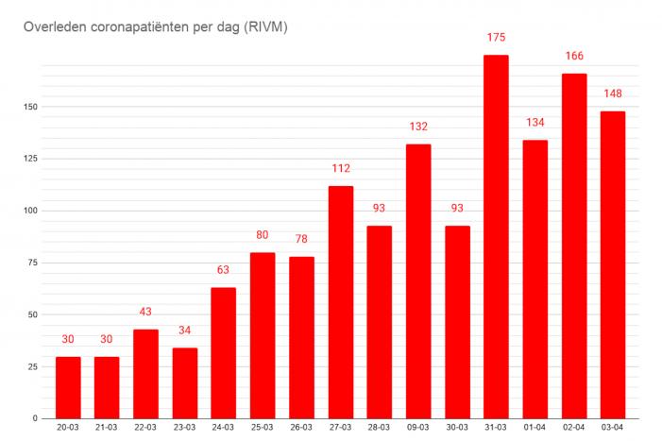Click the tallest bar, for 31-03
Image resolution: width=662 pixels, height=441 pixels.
[496, 236]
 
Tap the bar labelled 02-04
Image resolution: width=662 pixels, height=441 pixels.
[574, 246]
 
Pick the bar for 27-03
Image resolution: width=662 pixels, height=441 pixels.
[340, 302]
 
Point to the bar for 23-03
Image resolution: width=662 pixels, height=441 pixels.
[184, 382]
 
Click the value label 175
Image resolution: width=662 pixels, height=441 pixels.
[496, 38]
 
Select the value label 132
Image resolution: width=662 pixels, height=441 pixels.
[418, 127]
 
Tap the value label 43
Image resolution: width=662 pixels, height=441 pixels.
[145, 312]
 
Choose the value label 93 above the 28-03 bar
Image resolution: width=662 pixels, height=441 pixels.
[379, 208]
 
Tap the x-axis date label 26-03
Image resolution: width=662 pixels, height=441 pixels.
[301, 429]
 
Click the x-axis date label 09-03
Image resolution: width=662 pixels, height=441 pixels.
[418, 429]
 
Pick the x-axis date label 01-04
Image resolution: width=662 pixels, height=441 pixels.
[535, 429]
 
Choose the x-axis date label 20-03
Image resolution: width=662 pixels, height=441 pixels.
[68, 429]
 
